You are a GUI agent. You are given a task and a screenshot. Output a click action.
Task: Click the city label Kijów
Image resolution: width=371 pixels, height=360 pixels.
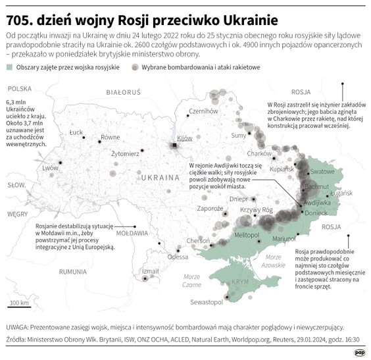[184, 138]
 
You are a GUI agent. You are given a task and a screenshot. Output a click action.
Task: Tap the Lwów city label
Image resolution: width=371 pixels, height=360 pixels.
[51, 168]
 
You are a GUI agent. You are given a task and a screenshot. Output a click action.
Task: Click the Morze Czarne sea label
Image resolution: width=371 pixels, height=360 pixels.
[192, 281]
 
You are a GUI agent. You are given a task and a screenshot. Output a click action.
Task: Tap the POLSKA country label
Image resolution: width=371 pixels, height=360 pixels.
[20, 88]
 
